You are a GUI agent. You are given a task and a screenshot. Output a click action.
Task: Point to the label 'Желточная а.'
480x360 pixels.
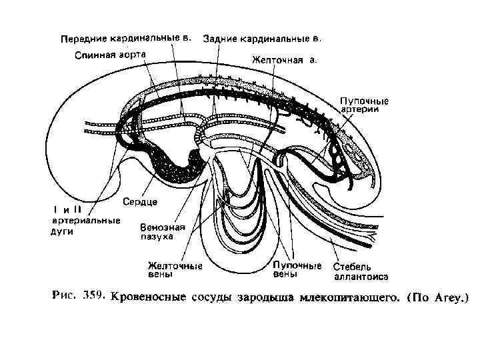[284, 60]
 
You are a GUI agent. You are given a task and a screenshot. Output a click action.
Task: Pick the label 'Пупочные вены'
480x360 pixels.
[297, 269]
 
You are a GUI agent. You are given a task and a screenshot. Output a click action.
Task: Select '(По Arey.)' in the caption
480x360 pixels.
[438, 296]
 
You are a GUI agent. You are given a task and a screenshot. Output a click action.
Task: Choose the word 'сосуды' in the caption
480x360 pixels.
[210, 296]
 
